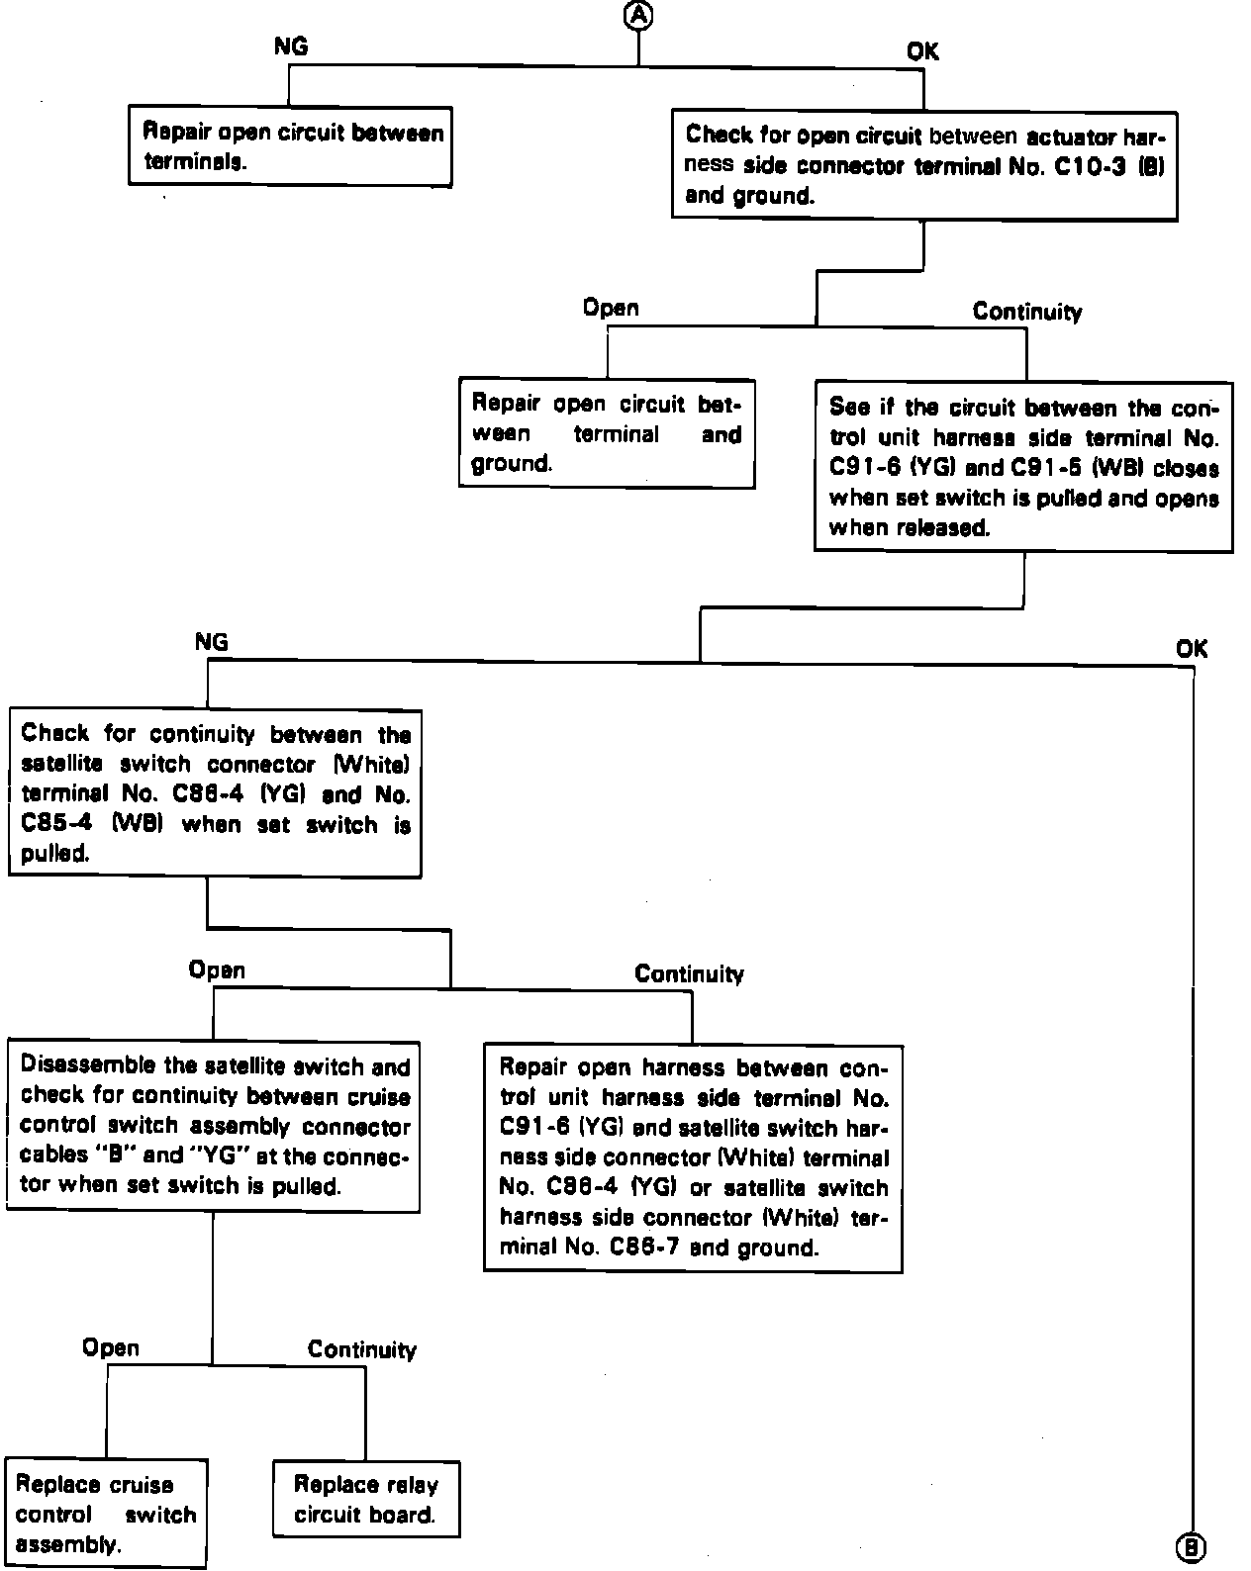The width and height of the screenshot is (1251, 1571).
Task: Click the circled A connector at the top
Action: tap(639, 14)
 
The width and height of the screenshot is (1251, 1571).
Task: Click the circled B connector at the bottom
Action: tap(1191, 1548)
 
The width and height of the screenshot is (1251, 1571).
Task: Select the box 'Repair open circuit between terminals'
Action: tap(290, 146)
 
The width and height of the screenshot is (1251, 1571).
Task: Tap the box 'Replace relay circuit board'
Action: tap(365, 1498)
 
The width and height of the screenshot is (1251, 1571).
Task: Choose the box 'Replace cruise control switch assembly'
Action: tap(105, 1513)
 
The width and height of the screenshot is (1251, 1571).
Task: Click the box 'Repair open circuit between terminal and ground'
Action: tap(606, 433)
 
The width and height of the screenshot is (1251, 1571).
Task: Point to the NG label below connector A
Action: tap(290, 46)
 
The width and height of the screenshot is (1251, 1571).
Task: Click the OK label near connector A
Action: tap(922, 51)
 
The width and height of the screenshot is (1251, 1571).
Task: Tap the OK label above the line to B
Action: tap(1192, 648)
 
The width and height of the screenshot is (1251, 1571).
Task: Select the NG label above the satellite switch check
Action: tap(212, 642)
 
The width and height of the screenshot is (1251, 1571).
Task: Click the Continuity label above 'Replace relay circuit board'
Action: tap(362, 1349)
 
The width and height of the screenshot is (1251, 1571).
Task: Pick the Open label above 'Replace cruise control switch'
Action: tap(111, 1347)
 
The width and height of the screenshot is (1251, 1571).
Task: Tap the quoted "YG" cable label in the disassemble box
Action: tap(221, 1155)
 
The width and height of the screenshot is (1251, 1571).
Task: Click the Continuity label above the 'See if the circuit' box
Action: tap(1026, 312)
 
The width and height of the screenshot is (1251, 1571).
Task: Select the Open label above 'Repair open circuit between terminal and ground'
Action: tap(611, 308)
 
